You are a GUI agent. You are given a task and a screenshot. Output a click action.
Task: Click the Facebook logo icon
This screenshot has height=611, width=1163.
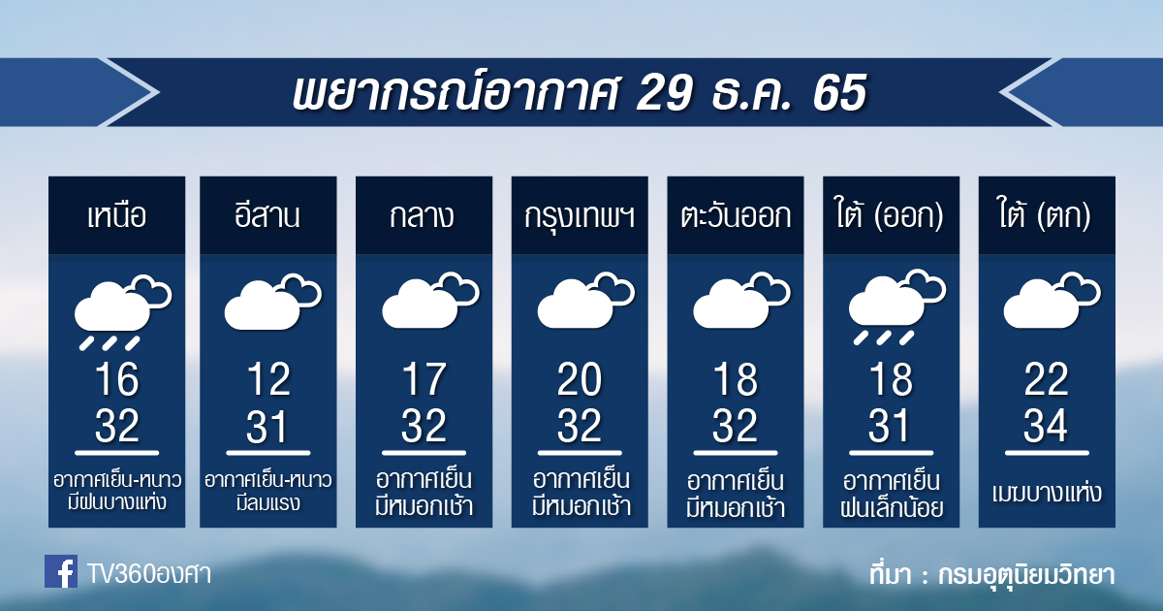tap(61, 571)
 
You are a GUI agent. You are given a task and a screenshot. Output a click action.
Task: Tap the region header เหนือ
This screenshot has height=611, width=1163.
tap(116, 215)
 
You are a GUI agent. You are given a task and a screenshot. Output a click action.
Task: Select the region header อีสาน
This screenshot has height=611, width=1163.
tap(267, 214)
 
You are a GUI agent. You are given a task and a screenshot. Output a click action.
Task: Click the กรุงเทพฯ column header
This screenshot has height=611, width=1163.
tap(580, 216)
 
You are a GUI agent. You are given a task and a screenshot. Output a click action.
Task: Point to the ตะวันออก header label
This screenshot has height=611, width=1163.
tap(736, 215)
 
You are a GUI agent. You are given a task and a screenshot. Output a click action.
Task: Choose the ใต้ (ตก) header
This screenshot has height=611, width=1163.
tap(1044, 214)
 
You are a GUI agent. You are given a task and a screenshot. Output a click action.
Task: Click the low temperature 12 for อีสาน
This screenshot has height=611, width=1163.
tap(267, 379)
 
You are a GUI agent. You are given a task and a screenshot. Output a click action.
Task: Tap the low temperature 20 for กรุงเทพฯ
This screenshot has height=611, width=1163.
tap(580, 379)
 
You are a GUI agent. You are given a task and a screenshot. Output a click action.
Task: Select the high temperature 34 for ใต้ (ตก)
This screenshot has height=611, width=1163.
tap(1046, 426)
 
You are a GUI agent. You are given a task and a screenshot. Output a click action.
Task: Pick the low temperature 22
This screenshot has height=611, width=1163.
tap(1046, 379)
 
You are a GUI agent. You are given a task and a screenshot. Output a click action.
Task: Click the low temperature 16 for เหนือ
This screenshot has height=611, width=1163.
tap(117, 379)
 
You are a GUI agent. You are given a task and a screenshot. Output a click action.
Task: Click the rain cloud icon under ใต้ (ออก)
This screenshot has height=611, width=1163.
tap(896, 307)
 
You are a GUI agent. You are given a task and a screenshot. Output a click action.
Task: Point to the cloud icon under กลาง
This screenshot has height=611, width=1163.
tap(430, 301)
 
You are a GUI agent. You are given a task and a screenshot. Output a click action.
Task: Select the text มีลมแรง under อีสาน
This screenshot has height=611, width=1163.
tap(267, 503)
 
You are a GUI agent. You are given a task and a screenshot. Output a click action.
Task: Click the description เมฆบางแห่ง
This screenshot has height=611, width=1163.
tap(1046, 492)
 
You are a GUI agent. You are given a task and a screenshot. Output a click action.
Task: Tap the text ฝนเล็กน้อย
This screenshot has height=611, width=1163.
tap(892, 507)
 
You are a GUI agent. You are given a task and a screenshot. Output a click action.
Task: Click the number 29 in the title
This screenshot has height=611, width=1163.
tap(664, 92)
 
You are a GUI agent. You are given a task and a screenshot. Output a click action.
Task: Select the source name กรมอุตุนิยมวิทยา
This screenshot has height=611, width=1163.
tap(1026, 574)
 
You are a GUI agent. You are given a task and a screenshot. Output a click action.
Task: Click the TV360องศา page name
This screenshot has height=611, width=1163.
tap(149, 574)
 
